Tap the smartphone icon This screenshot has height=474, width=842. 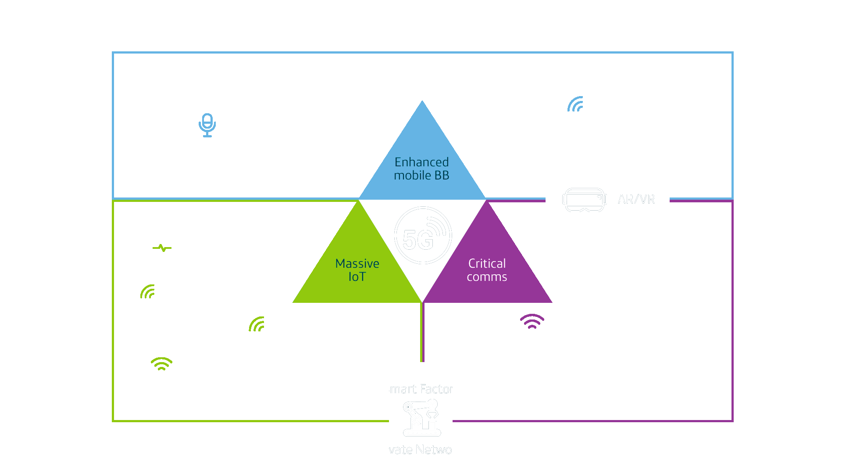click(x=207, y=126)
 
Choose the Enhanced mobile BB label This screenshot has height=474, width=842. click(x=421, y=169)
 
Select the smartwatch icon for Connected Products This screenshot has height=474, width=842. click(x=162, y=244)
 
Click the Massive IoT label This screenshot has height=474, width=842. click(x=357, y=270)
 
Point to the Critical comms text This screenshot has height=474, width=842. click(x=487, y=270)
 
